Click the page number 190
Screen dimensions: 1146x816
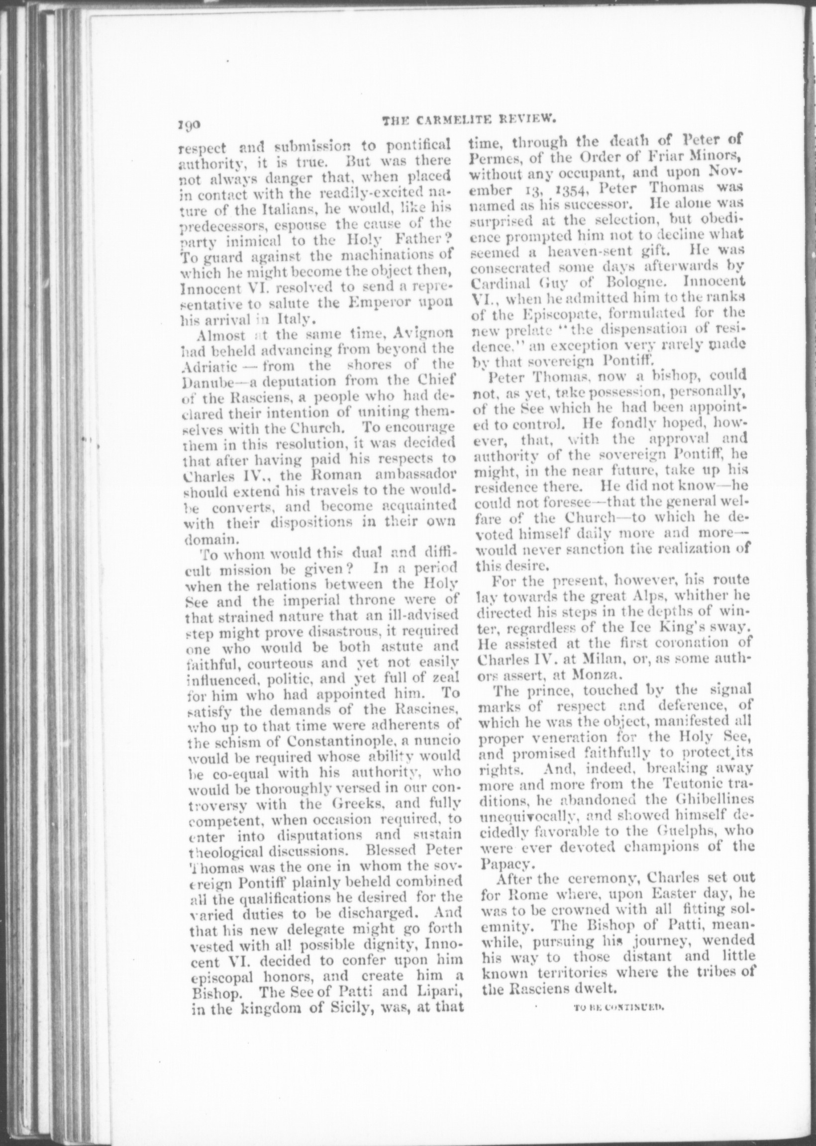point(189,123)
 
